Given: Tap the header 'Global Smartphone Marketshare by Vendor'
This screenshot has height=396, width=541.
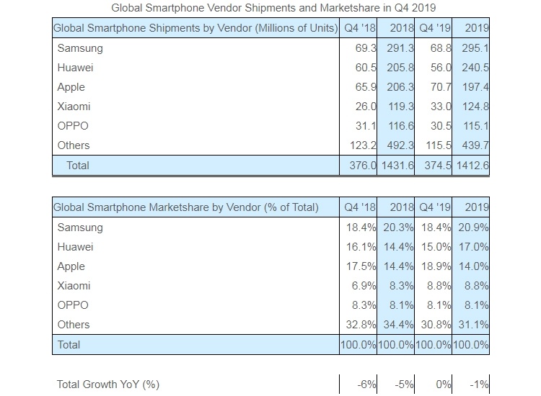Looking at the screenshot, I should tap(186, 207).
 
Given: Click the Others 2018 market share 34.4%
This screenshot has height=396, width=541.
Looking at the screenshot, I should tap(397, 325).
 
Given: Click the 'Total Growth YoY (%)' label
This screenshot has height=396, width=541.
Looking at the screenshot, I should tap(107, 384).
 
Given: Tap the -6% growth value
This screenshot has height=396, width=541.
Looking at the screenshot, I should tap(366, 384).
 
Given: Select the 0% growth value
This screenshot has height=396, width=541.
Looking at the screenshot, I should tap(440, 384).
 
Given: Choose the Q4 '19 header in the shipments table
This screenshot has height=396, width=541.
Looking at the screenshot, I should tap(435, 28).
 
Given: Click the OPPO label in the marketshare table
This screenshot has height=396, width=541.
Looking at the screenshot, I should tap(73, 305).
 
